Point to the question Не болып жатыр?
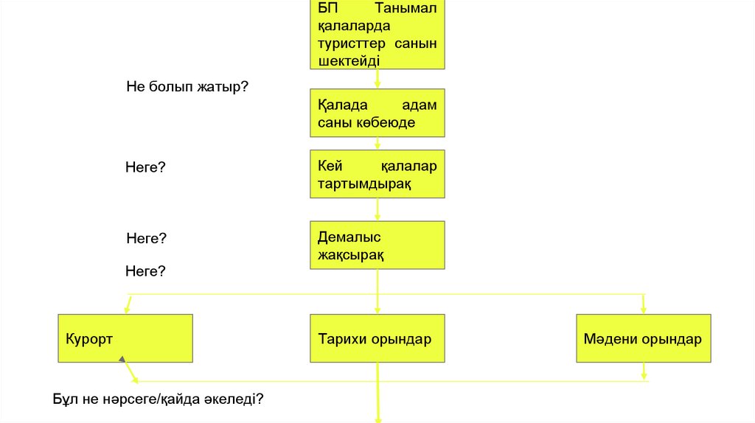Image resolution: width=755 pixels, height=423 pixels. [187, 86]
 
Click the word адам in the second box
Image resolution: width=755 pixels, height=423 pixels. [420, 105]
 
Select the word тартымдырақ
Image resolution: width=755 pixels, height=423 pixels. [364, 183]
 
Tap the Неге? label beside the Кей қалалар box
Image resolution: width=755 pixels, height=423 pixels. [145, 168]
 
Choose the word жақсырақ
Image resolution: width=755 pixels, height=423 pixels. [351, 255]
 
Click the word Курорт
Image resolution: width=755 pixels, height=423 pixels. [88, 340]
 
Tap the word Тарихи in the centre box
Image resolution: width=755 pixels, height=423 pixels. [338, 340]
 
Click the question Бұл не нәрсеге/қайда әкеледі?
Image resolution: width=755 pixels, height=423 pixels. [159, 399]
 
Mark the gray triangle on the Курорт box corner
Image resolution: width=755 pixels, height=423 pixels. [122, 360]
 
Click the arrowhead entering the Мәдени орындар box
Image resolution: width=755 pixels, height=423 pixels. [644, 309]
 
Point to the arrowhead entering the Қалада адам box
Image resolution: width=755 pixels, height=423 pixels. [377, 86]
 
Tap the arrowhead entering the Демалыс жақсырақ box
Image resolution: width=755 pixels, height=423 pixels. [377, 217]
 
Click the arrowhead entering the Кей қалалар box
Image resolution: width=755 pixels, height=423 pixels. [377, 147]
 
